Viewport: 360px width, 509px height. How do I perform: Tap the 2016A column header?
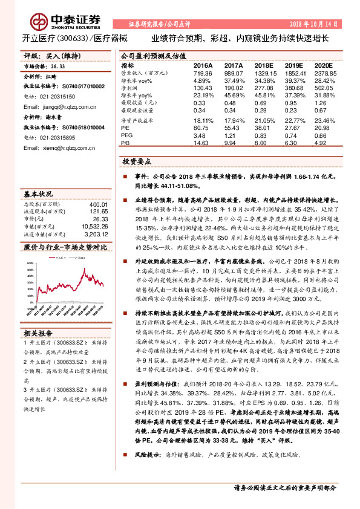pyautogui.click(x=203, y=65)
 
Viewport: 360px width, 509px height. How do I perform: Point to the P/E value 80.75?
pyautogui.click(x=201, y=128)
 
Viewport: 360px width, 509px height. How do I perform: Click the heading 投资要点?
pyautogui.click(x=136, y=162)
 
